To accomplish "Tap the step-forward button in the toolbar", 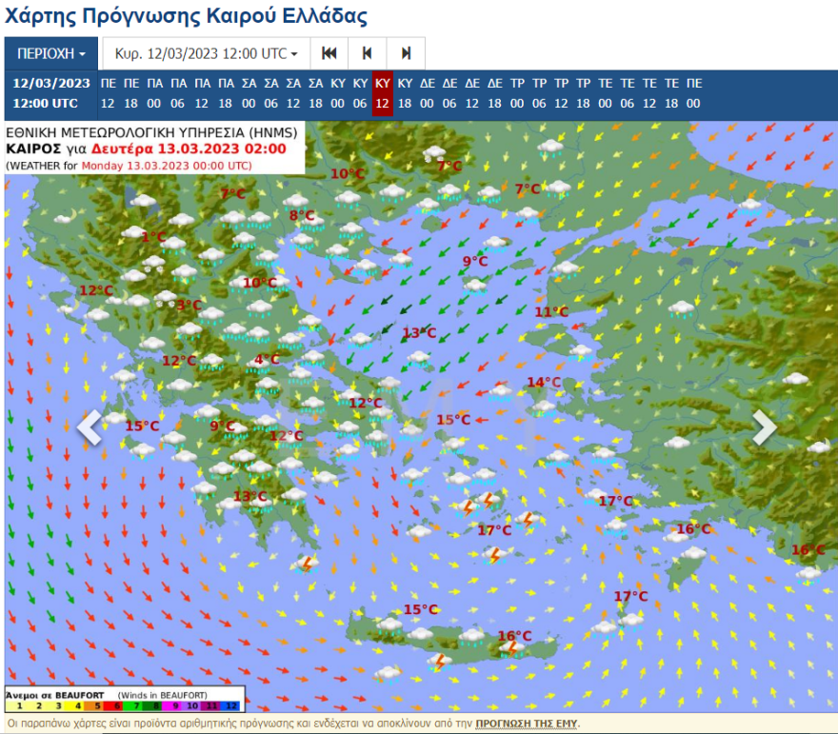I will point(406,53).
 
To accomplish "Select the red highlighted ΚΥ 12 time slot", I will point(382,92).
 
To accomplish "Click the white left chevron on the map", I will point(90,427).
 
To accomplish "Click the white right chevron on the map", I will point(764,427).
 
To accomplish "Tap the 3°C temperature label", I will point(189,305).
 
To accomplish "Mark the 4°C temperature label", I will point(267,359).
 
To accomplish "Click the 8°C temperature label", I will point(302,215).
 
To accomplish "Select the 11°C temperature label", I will point(550,311).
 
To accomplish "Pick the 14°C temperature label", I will point(544,382).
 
